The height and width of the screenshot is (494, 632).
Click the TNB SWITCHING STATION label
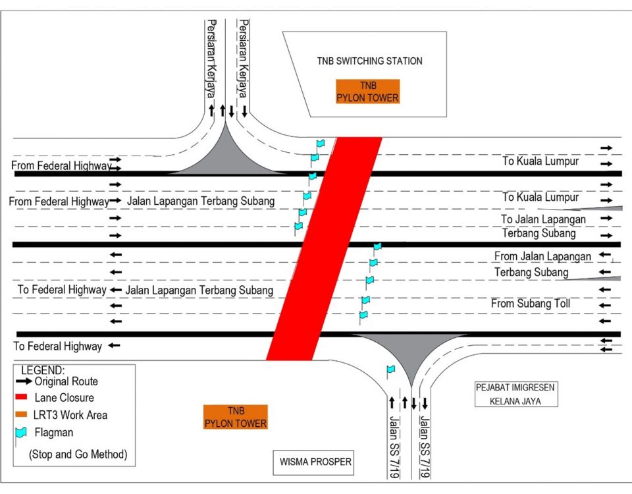click(369, 61)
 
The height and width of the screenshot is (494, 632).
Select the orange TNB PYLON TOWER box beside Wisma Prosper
click(236, 417)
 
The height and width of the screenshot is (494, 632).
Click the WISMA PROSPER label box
click(313, 462)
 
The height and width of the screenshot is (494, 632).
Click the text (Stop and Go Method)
click(78, 454)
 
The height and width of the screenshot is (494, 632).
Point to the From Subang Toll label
click(530, 304)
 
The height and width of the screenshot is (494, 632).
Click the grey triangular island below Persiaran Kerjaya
click(226, 155)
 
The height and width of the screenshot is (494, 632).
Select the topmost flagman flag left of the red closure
click(320, 143)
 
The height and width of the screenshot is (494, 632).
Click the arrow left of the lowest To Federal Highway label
click(115, 345)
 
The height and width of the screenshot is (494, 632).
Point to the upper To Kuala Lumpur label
click(540, 161)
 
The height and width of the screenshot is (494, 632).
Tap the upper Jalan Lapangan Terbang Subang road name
click(200, 201)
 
